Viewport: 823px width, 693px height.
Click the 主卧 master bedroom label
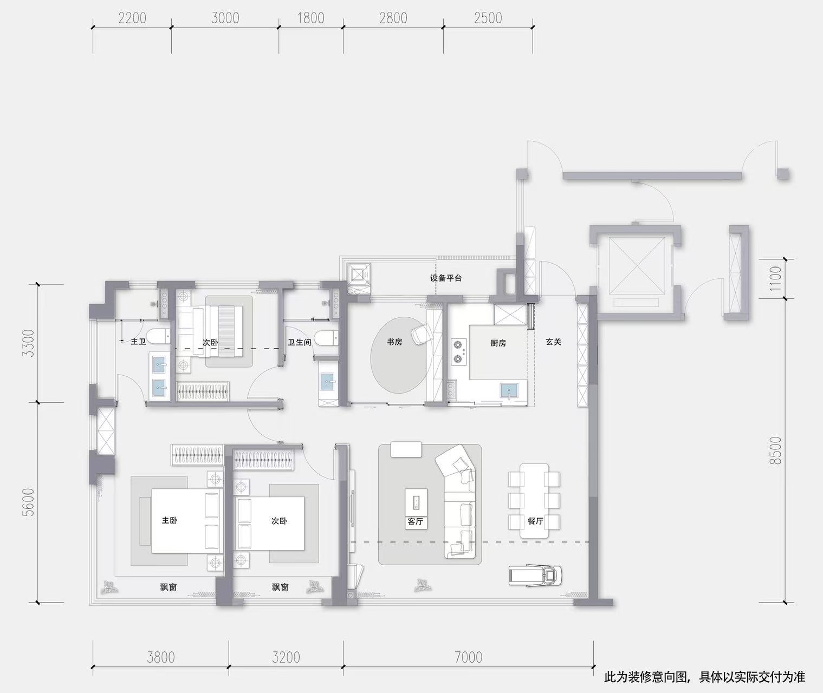click(x=170, y=520)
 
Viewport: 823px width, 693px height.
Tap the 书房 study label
click(x=394, y=342)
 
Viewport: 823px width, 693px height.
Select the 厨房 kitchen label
click(x=498, y=343)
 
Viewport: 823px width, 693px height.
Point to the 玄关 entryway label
click(x=553, y=342)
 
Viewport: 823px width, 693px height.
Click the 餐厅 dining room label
click(x=536, y=521)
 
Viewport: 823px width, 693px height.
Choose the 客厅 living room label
click(x=416, y=521)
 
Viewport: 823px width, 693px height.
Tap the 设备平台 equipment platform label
click(x=446, y=278)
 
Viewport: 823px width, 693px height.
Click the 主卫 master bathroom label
click(x=138, y=342)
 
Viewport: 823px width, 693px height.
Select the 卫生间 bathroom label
click(x=300, y=342)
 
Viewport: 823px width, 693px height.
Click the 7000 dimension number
click(x=468, y=657)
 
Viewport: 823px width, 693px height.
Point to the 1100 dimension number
click(x=775, y=279)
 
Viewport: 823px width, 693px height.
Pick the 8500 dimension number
click(x=775, y=450)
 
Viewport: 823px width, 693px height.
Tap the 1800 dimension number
click(x=310, y=18)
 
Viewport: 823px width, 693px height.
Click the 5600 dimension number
click(x=29, y=502)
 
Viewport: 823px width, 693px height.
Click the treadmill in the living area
click(x=535, y=576)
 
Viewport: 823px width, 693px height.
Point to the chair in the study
click(x=421, y=334)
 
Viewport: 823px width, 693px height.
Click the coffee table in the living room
click(x=416, y=503)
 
